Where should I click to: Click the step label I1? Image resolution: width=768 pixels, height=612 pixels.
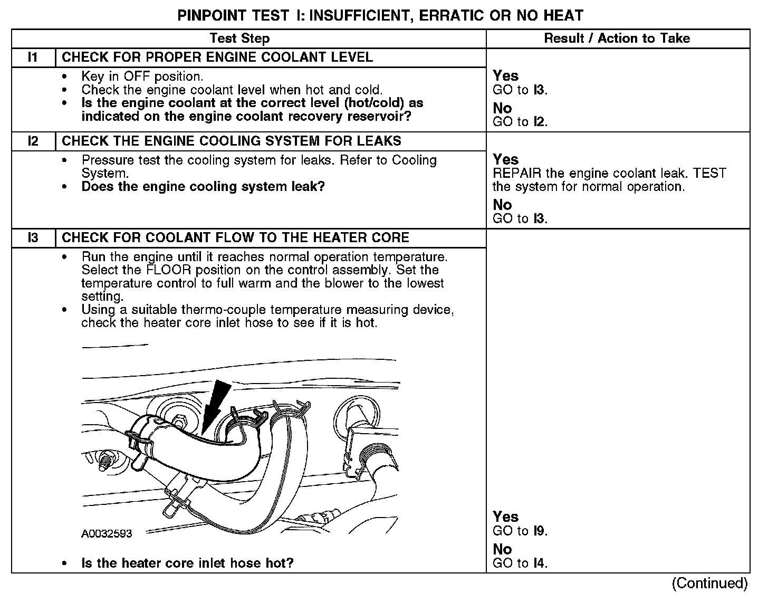coord(33,58)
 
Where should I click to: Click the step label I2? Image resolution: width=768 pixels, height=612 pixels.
coord(33,141)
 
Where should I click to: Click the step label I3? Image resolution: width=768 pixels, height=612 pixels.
coord(33,238)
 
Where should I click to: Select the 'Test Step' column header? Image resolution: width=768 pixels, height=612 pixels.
coord(239,39)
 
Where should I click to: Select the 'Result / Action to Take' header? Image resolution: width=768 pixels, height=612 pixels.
coord(617,39)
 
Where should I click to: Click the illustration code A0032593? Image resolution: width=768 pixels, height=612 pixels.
coord(107,533)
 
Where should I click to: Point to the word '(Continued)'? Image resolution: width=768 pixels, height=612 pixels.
coord(709,584)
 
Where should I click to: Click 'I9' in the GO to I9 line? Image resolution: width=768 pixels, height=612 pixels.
coord(539,531)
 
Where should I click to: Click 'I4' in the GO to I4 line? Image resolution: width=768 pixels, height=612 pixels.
coord(539,563)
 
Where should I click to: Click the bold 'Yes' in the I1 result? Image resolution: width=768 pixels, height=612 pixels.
coord(505,76)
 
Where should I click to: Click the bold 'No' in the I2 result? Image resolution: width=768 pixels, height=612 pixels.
coord(502,205)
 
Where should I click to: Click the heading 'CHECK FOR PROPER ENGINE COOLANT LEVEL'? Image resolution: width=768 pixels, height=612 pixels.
coord(217,58)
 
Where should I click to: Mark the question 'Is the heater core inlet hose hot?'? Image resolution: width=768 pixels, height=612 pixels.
coord(187,563)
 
